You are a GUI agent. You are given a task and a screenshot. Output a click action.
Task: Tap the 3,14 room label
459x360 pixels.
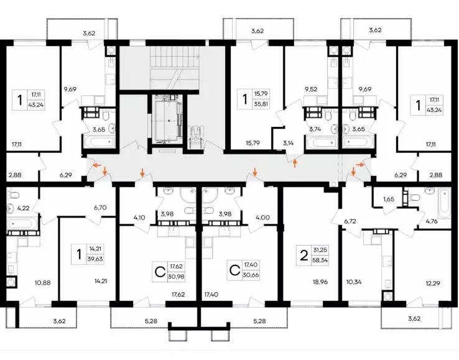(289, 143)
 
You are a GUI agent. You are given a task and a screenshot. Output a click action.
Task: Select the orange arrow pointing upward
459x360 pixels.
(295, 163)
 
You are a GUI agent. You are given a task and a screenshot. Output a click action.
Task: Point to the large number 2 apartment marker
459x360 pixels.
(304, 256)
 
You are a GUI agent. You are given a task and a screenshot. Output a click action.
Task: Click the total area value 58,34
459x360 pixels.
(320, 260)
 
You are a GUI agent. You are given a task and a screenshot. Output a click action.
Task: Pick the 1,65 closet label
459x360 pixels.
(389, 199)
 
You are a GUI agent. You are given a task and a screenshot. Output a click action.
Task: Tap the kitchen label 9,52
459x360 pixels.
(311, 90)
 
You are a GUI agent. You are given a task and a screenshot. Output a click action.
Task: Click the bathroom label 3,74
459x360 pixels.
(315, 129)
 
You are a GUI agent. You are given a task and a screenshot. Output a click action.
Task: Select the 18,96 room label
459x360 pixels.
(320, 282)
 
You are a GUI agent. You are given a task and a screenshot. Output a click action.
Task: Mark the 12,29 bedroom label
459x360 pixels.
(433, 284)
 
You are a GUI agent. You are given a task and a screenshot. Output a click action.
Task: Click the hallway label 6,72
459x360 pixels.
(350, 221)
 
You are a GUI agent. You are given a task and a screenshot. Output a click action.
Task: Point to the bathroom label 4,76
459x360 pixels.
(432, 221)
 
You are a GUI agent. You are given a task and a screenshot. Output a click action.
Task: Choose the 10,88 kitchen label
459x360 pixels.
(43, 283)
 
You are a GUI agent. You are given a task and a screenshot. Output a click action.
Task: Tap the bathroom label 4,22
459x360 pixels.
(23, 208)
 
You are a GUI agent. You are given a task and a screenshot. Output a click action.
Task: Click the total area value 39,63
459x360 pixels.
(95, 259)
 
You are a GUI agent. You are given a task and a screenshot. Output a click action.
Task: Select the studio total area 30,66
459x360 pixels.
(251, 275)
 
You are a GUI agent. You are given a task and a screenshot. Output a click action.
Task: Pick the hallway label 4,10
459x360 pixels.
(139, 218)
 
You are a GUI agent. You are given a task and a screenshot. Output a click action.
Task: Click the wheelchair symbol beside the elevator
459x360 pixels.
(195, 136)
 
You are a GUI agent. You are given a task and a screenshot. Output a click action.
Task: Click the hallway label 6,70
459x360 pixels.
(100, 208)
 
